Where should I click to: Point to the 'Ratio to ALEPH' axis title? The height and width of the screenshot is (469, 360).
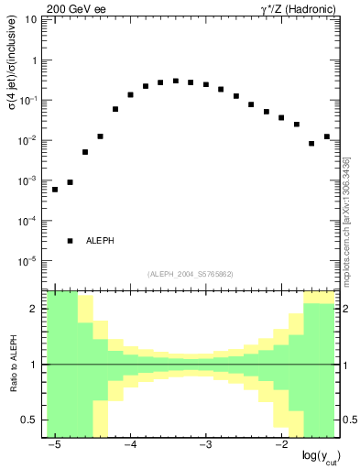[13, 365]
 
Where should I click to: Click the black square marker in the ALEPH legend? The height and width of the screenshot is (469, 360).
[70, 241]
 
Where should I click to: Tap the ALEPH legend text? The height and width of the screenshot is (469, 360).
[100, 241]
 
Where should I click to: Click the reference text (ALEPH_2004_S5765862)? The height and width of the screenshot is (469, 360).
[189, 274]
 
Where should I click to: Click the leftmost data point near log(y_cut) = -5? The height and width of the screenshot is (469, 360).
[55, 190]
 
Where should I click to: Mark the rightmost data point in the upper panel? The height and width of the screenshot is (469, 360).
[326, 136]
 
